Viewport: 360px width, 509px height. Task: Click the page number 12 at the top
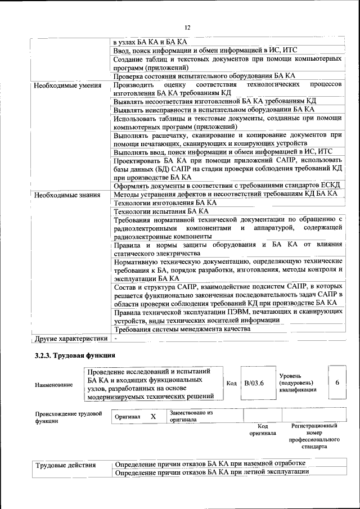[188, 27]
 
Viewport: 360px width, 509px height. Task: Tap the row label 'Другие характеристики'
[70, 339]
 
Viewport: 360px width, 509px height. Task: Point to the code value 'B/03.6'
[254, 383]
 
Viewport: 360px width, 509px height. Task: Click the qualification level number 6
[337, 382]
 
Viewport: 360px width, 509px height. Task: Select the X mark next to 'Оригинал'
[152, 417]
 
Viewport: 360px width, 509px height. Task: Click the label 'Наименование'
[53, 385]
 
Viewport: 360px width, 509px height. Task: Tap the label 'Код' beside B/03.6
[231, 383]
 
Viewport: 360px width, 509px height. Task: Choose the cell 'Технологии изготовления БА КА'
[165, 202]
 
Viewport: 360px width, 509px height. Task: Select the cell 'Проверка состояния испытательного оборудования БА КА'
[204, 76]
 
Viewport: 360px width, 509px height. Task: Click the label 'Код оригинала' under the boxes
[262, 430]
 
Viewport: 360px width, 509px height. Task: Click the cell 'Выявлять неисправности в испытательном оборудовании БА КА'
[214, 110]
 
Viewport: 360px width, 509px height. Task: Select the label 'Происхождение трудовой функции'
[67, 417]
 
